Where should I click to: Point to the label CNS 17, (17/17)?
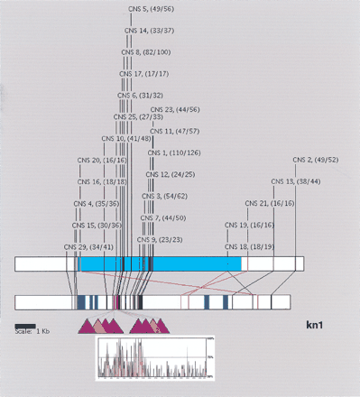[x=145, y=74]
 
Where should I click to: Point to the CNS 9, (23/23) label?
[x=163, y=240]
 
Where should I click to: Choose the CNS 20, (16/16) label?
[x=102, y=160]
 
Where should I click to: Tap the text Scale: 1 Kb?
[x=32, y=331]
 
